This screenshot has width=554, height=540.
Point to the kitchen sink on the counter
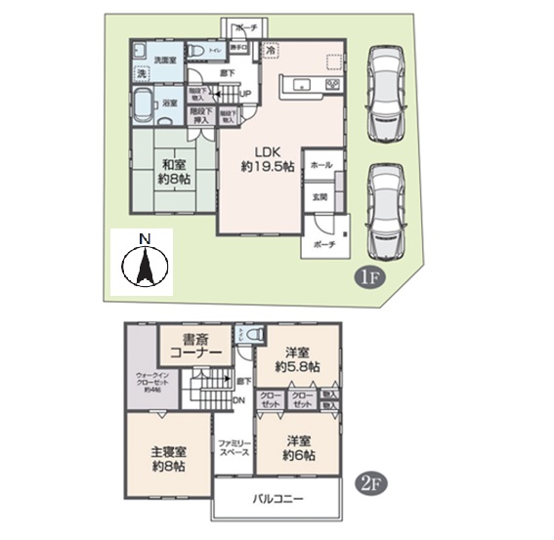pyautogui.click(x=304, y=87)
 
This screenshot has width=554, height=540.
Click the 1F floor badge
pyautogui.click(x=367, y=277)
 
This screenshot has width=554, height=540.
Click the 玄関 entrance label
pyautogui.click(x=320, y=198)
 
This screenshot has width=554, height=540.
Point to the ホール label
pyautogui.click(x=320, y=167)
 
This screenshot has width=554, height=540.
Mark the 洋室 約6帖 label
pyautogui.click(x=298, y=446)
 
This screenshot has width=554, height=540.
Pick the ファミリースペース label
pyautogui.click(x=234, y=448)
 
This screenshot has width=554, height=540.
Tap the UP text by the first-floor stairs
pyautogui.click(x=245, y=95)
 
